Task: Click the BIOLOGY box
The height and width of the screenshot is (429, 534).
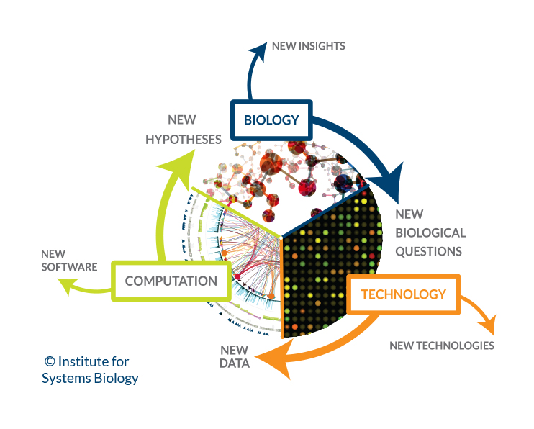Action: coord(271,119)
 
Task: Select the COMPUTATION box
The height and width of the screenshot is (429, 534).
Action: coord(171,281)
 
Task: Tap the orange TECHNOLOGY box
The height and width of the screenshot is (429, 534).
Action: coord(403,294)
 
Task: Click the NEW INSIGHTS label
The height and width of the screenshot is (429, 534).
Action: coord(308,46)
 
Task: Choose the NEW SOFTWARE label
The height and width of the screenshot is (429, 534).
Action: coord(68,261)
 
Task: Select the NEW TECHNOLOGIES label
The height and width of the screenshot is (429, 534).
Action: coord(442,346)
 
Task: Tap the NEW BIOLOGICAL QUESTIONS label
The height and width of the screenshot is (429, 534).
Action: coord(430,232)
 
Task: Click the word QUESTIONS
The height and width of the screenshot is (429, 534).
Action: coord(429,251)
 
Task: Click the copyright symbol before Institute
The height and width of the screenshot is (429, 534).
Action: coord(50,362)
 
